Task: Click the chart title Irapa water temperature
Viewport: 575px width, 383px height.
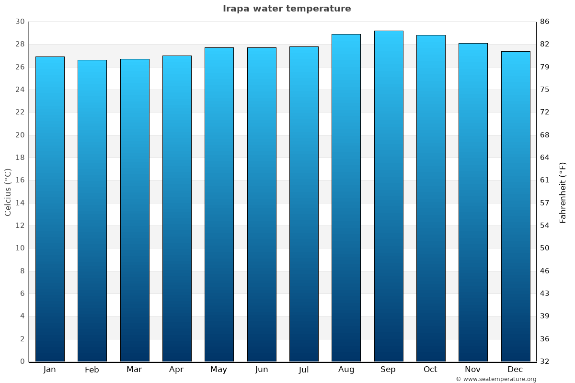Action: pyautogui.click(x=287, y=9)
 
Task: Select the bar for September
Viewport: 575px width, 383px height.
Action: pyautogui.click(x=388, y=196)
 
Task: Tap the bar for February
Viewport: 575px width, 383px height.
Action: pyautogui.click(x=92, y=211)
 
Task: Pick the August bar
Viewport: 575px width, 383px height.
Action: pyautogui.click(x=346, y=198)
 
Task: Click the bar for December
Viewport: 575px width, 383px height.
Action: pyautogui.click(x=516, y=206)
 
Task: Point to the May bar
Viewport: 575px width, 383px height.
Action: pyautogui.click(x=219, y=204)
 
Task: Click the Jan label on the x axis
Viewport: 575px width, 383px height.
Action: pyautogui.click(x=49, y=370)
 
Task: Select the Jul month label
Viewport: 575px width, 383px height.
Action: pyautogui.click(x=304, y=370)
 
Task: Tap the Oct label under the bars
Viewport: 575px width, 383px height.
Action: pyautogui.click(x=430, y=370)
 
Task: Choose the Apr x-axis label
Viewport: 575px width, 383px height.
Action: pyautogui.click(x=176, y=370)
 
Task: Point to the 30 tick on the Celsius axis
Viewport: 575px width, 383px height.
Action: pyautogui.click(x=20, y=22)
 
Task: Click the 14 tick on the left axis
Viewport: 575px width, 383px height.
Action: pyautogui.click(x=20, y=203)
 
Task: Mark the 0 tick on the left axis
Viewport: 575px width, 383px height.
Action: pyautogui.click(x=22, y=361)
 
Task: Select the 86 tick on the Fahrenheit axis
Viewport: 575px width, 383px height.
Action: pyautogui.click(x=544, y=22)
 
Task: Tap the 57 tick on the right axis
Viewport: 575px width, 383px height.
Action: pyautogui.click(x=544, y=203)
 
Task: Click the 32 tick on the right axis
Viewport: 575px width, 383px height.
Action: pyautogui.click(x=544, y=361)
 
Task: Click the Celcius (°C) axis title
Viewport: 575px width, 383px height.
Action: pyautogui.click(x=8, y=192)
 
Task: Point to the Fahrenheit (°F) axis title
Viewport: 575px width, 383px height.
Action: pyautogui.click(x=563, y=192)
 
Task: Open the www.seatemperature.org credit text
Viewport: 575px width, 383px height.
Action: pyautogui.click(x=496, y=379)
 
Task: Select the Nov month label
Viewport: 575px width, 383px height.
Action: pyautogui.click(x=473, y=370)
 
